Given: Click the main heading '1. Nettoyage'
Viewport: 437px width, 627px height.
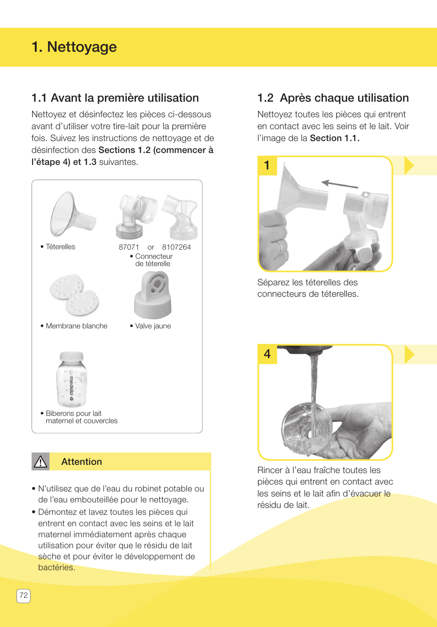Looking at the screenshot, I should [x=74, y=47].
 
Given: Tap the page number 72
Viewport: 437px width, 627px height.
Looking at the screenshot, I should [x=23, y=595].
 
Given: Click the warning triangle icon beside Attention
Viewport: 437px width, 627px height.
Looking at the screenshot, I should [x=40, y=462].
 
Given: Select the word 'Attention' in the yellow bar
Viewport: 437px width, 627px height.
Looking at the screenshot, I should [x=82, y=462].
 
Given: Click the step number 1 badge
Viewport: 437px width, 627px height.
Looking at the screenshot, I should [x=268, y=165].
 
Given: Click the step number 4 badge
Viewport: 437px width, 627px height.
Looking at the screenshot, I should [x=268, y=354].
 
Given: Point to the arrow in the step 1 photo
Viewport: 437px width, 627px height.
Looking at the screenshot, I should [x=339, y=184].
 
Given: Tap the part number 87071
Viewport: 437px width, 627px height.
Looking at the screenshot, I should [x=129, y=247].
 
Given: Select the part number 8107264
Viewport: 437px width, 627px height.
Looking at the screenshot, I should [x=176, y=247].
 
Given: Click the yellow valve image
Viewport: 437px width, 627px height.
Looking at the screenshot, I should [x=153, y=295].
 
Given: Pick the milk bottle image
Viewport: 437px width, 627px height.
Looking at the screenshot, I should [x=71, y=379].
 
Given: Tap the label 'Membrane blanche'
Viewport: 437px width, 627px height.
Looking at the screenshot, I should [x=76, y=326].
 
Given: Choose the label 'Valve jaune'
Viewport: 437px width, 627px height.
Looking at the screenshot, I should [x=153, y=326].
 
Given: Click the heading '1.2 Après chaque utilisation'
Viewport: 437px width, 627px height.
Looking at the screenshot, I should [x=333, y=98].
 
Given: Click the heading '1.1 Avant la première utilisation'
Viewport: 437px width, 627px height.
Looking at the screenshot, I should [x=115, y=98].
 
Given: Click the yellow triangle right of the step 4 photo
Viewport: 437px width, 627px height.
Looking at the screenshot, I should [x=409, y=354].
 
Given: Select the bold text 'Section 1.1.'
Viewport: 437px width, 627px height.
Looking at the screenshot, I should [x=334, y=138].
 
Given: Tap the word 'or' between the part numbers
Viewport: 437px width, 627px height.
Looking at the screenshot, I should [x=151, y=247].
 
